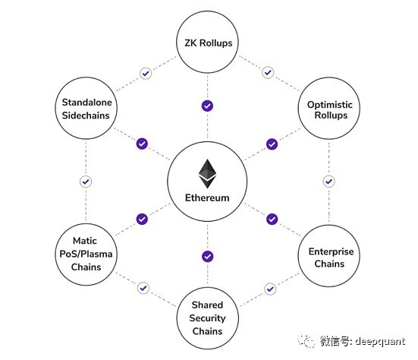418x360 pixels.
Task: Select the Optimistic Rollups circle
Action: click(328, 109)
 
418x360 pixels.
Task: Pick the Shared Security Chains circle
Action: click(207, 318)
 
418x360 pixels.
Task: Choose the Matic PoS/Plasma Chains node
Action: click(86, 253)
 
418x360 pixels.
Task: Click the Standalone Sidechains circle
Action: click(86, 109)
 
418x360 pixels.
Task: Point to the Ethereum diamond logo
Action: click(207, 173)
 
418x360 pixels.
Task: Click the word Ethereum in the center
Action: click(207, 199)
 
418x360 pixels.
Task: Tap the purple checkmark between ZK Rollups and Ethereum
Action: click(207, 106)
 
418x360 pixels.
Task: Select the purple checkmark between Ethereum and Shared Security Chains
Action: click(207, 256)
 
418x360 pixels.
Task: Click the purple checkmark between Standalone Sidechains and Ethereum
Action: click(142, 144)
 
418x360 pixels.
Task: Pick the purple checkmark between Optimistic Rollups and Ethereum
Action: click(272, 144)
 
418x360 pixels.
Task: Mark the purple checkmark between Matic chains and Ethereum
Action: click(142, 219)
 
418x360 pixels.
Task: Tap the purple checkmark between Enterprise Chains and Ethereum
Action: click(272, 219)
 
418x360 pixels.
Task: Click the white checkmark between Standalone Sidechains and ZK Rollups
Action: click(144, 73)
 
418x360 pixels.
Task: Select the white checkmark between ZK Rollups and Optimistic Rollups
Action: click(268, 73)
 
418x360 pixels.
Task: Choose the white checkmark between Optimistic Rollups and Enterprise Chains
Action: click(328, 182)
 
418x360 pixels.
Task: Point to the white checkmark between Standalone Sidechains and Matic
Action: click(86, 182)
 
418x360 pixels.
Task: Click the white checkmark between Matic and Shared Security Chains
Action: click(143, 289)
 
